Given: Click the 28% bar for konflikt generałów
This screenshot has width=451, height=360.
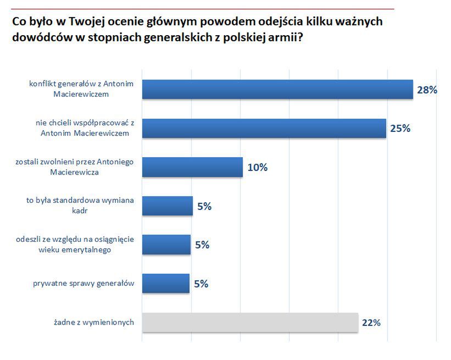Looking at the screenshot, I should click(x=277, y=89).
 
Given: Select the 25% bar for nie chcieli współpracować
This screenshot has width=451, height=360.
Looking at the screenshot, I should click(x=264, y=128).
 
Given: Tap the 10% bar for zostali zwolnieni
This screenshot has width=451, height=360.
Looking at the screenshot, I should click(x=192, y=167).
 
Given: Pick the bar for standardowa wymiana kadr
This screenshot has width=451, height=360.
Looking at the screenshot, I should click(x=168, y=206).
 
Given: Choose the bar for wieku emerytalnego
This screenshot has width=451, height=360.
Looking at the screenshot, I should click(x=166, y=245).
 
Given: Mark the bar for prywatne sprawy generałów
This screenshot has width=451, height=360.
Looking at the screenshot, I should click(x=166, y=284).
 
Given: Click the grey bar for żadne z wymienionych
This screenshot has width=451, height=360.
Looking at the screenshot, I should click(x=250, y=323).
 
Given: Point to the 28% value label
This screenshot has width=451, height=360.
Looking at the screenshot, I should click(x=427, y=90).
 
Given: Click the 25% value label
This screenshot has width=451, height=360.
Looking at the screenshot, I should click(x=400, y=129).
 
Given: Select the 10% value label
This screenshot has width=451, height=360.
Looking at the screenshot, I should click(x=257, y=168).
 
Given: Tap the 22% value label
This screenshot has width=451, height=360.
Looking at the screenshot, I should click(x=371, y=323).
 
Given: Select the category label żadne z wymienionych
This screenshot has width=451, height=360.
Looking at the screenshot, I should click(x=96, y=323).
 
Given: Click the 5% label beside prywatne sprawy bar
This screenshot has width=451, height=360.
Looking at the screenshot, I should click(x=201, y=284).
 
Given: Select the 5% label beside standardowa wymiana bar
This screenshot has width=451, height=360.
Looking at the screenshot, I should click(x=204, y=207).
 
